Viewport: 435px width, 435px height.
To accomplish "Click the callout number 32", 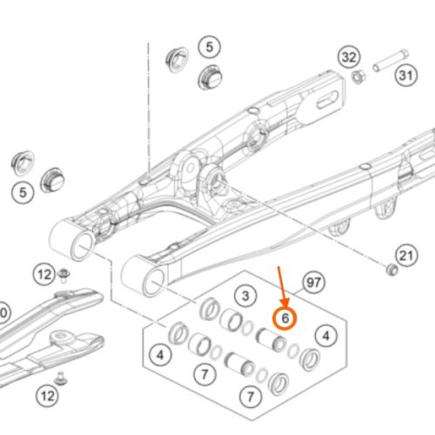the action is tap(349, 57).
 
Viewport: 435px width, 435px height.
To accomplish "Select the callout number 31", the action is tap(406, 76).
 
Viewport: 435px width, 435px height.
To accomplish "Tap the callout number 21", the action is tap(406, 256).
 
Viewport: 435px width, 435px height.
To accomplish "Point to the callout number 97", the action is tap(314, 282).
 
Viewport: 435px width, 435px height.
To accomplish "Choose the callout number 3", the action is tap(245, 296).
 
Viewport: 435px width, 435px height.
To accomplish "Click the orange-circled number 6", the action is tap(285, 318).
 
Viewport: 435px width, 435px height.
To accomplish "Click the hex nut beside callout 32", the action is tap(358, 77).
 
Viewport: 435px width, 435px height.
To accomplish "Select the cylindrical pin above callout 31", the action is tap(391, 60).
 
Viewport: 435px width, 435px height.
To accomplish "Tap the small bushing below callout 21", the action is tap(392, 270).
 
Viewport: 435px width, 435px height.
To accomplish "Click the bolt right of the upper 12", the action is tap(64, 275).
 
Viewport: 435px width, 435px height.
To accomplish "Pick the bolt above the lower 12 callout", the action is tap(61, 377).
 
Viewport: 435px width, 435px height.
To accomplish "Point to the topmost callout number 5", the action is tap(210, 47).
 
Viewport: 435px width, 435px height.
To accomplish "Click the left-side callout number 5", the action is tap(23, 192).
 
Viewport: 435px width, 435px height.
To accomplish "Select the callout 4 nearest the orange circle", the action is tap(326, 336).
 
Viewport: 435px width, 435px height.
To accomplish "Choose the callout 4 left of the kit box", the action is tap(160, 355).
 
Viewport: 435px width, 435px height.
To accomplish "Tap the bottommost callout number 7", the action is tap(251, 397).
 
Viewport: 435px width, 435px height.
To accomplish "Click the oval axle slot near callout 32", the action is tap(327, 100).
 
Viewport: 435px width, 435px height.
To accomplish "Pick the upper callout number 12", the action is tap(43, 274).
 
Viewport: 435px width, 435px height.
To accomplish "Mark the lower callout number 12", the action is tap(47, 396).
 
